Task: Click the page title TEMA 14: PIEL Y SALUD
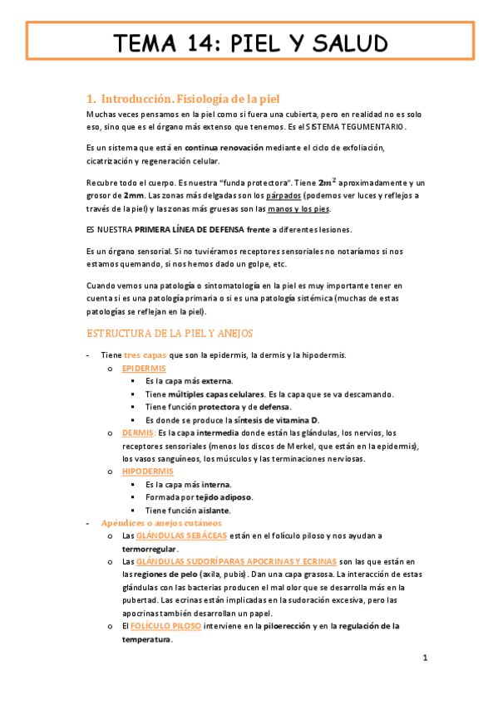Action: [x=249, y=43]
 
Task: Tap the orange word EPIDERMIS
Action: [x=144, y=368]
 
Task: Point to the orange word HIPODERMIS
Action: [x=147, y=471]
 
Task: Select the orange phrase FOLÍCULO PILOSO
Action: [x=167, y=626]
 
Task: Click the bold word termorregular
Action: [x=149, y=549]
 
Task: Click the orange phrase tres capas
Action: [x=145, y=354]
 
